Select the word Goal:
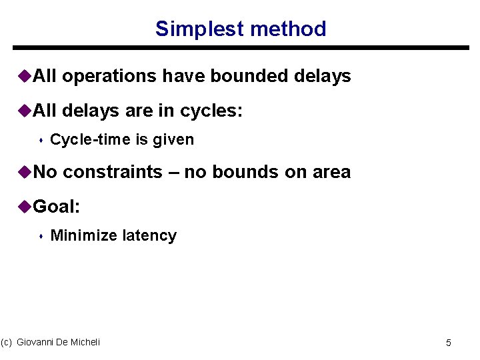click(57, 207)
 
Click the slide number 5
click(449, 343)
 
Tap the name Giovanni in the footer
click(37, 342)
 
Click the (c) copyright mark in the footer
click(7, 342)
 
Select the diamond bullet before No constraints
click(25, 172)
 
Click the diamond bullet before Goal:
click(25, 207)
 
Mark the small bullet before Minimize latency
click(41, 236)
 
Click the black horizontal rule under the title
click(241, 48)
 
